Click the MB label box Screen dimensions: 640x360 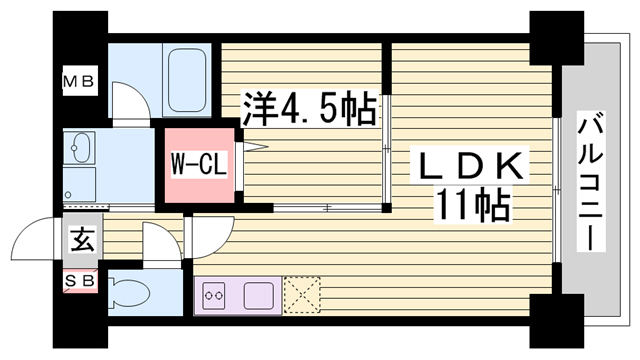80,81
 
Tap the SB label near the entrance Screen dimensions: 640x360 80,280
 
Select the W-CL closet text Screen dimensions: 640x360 198,164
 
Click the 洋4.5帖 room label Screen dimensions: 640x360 309,109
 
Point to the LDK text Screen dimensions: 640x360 470,165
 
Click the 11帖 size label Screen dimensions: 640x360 473,204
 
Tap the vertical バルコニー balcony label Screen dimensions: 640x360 591,181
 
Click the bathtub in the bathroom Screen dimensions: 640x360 187,80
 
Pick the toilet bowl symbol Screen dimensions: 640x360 129,292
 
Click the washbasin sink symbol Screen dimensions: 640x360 79,147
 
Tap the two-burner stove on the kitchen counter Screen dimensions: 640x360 214,296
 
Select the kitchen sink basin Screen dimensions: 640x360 259,296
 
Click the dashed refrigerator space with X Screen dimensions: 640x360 302,295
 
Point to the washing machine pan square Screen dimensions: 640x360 79,184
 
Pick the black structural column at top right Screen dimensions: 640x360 557,38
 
